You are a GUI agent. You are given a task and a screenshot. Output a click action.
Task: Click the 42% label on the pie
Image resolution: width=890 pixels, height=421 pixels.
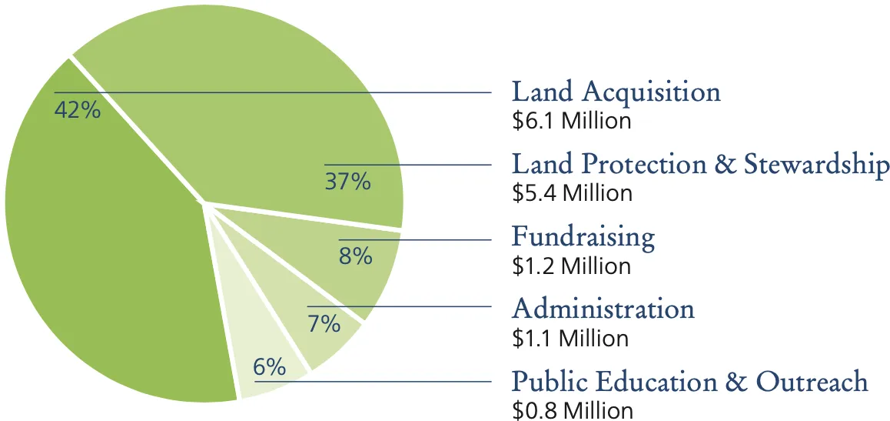pos(77,110)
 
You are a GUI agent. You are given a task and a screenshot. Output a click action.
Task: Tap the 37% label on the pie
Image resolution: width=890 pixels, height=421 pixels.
pos(347,182)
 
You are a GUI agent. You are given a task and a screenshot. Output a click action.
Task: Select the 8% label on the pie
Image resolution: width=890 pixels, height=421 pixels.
pos(355,256)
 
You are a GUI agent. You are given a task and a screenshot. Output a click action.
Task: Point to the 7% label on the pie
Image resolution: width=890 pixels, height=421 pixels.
pos(324,323)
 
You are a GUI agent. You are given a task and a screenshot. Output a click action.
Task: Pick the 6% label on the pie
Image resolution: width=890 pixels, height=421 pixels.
pos(269,367)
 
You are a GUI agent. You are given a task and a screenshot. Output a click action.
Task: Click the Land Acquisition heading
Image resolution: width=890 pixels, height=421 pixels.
pos(616,92)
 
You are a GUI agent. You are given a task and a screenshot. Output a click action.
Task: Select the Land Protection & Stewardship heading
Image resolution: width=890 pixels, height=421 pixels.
pos(700,165)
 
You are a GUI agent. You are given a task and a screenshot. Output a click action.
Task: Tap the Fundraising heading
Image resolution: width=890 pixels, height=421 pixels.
pos(583,237)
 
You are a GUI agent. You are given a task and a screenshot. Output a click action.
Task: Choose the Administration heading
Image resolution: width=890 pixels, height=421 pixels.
pos(603,309)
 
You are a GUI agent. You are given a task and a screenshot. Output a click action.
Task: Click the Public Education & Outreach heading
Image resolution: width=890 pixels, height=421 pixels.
pos(689,382)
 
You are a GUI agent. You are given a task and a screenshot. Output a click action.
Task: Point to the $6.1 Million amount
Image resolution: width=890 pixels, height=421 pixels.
pos(572,121)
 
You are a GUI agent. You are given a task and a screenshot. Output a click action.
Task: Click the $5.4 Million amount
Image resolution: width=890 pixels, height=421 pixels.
pos(573,192)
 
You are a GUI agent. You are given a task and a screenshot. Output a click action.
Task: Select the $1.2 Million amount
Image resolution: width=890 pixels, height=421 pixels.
pos(572,266)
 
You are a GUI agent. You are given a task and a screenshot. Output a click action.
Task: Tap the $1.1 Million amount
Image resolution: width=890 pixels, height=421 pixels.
pos(570,338)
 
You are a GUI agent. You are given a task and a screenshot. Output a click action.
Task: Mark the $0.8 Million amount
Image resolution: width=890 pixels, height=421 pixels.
pos(573,410)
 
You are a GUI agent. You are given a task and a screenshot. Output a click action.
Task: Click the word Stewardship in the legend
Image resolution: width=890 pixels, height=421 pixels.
pos(816,165)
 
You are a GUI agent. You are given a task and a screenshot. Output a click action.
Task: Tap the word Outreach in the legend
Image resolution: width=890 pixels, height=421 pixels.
pos(812,382)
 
